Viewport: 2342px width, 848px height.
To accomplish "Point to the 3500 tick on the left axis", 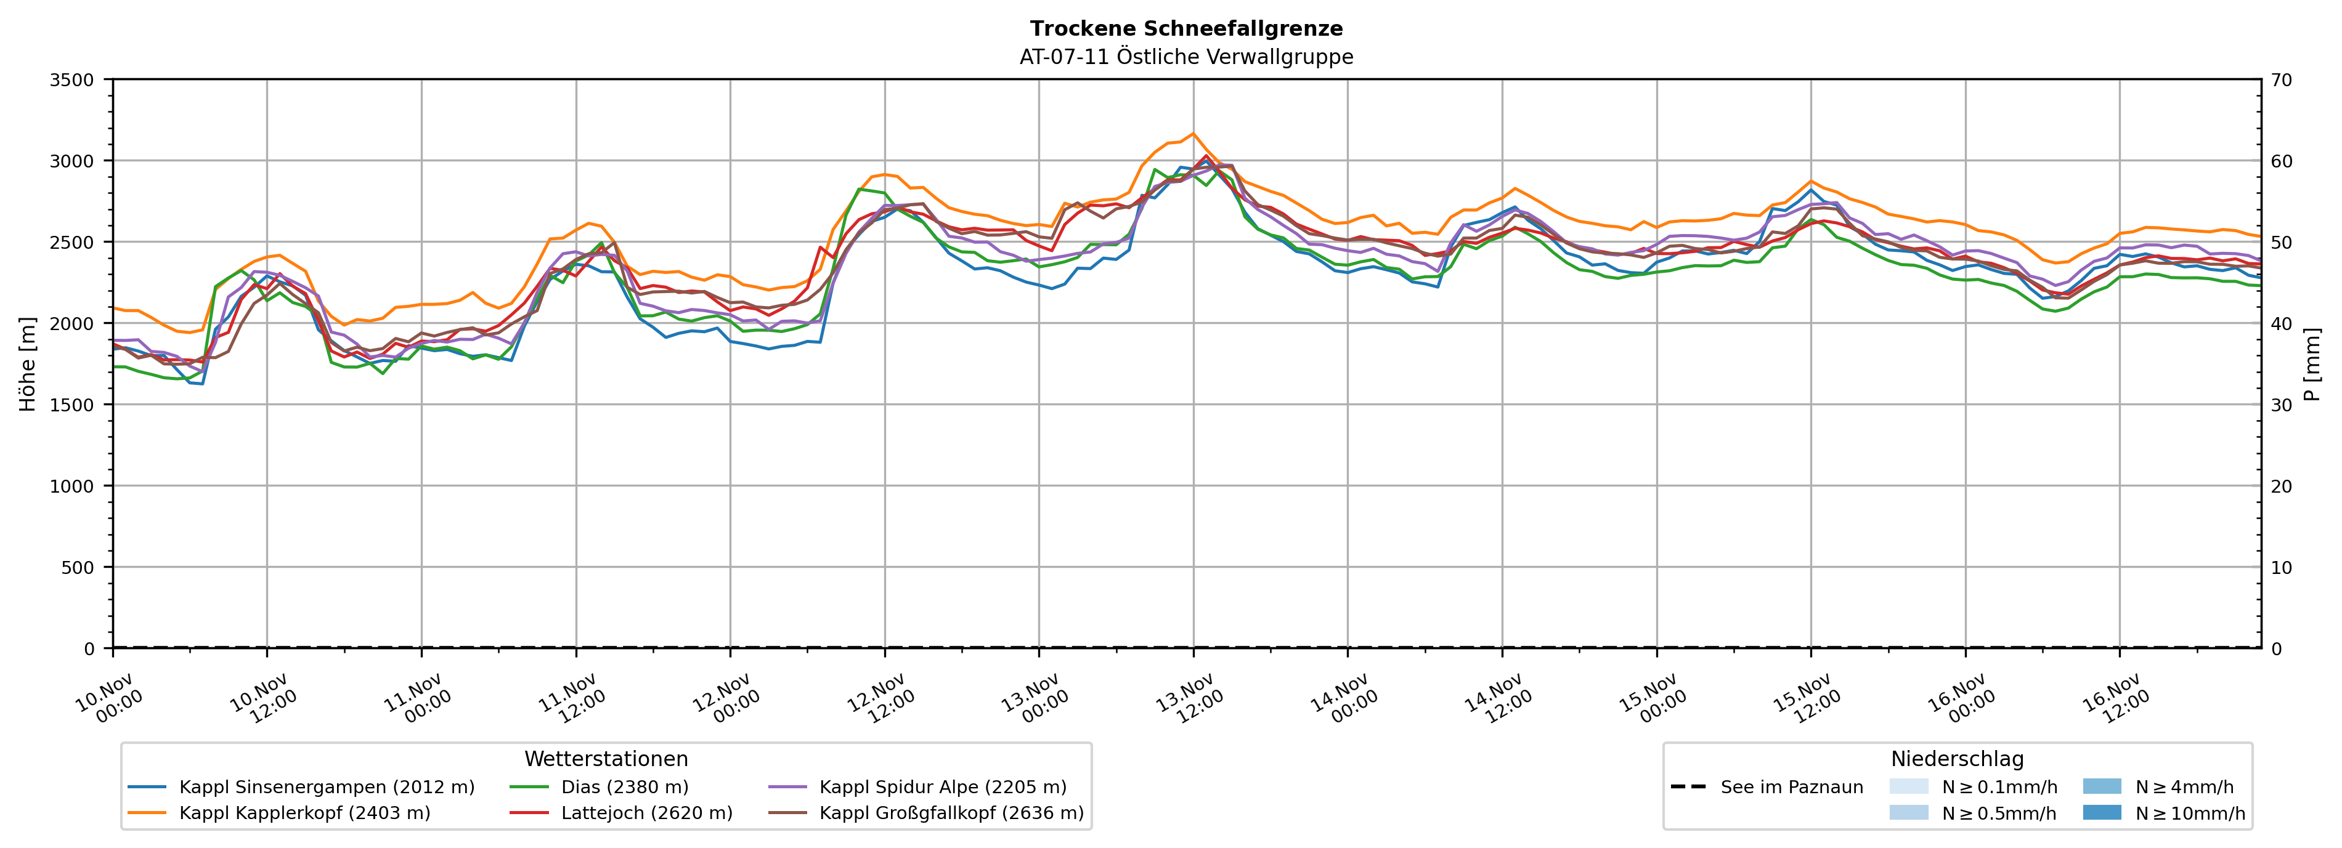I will [x=72, y=80].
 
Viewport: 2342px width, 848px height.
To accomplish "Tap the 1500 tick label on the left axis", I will [x=72, y=405].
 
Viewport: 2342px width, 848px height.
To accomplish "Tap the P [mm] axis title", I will [x=2312, y=363].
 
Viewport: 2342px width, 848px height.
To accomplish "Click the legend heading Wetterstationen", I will [x=606, y=759].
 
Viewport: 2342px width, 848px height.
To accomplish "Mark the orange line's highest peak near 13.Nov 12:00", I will [x=1193, y=134].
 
